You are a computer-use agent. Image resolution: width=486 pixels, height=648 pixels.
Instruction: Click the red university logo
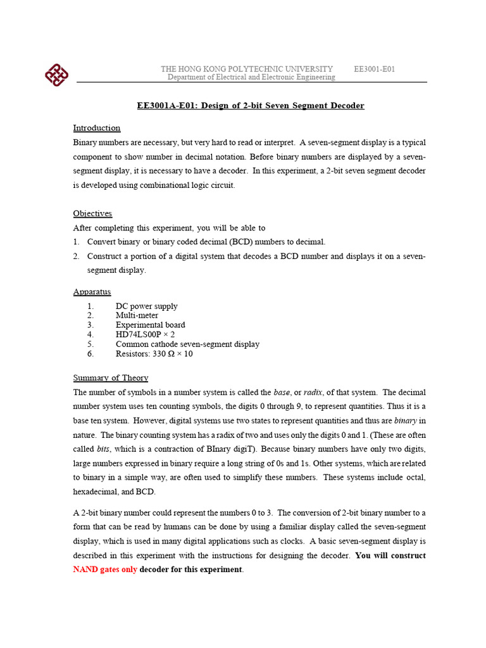(x=56, y=75)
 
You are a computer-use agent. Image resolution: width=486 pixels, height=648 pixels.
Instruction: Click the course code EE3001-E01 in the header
(x=374, y=69)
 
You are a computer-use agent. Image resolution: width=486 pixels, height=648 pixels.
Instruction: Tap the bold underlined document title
(x=251, y=106)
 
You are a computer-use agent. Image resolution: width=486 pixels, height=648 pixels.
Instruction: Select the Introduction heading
(x=97, y=128)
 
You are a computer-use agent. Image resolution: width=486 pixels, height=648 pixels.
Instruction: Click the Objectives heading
(x=92, y=214)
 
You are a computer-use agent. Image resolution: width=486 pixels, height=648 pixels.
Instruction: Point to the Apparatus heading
(x=92, y=292)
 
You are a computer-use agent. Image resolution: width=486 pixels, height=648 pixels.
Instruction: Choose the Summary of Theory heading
(x=111, y=378)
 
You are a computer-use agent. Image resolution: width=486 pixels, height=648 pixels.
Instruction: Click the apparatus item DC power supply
(x=146, y=306)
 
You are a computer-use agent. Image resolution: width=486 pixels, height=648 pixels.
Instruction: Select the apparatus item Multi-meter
(x=137, y=316)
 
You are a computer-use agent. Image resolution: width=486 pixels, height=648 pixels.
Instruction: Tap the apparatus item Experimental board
(x=150, y=325)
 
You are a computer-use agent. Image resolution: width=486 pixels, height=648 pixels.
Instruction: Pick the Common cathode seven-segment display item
(x=187, y=344)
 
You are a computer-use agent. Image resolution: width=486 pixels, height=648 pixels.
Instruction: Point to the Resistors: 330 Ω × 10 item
(x=154, y=354)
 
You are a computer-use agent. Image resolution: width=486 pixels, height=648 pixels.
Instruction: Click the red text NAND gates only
(x=104, y=570)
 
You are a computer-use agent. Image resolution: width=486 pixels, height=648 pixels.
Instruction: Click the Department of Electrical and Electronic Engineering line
(x=251, y=77)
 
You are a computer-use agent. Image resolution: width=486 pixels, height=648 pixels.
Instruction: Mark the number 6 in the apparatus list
(x=90, y=354)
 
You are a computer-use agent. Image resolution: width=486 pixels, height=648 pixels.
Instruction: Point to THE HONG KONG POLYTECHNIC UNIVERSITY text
(x=247, y=69)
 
